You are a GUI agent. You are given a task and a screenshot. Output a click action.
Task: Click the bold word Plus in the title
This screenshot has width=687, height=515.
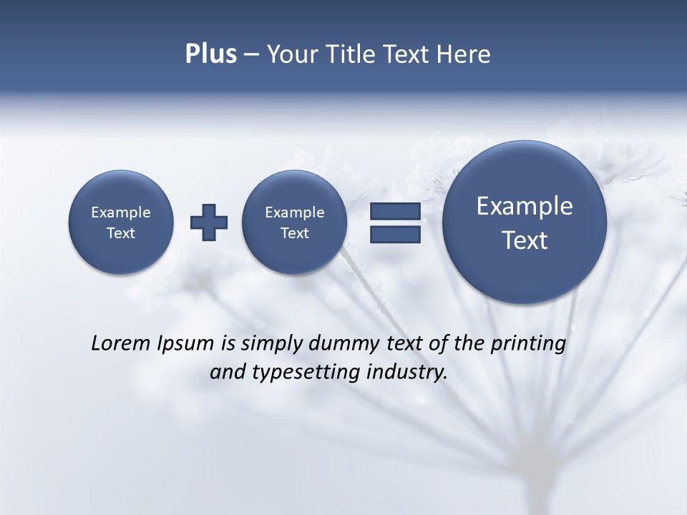coord(210,54)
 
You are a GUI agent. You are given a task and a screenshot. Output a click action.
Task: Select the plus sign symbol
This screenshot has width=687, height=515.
coord(209,222)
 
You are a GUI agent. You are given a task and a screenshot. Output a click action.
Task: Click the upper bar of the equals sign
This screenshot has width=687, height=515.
coord(395,211)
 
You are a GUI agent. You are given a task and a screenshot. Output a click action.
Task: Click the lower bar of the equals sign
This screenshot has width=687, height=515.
coord(395,235)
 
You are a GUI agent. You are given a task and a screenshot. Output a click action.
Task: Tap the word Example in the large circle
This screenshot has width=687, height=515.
coord(525,206)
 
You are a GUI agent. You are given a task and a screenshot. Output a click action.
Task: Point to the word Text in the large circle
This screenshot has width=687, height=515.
coord(525,240)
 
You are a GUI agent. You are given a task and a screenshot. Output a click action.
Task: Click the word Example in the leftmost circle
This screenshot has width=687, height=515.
coord(121,212)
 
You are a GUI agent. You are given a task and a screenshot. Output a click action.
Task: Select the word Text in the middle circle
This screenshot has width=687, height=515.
coord(294,233)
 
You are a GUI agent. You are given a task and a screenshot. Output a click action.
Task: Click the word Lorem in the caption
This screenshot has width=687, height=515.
coord(118,343)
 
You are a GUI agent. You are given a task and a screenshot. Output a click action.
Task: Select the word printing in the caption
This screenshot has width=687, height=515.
coord(527,344)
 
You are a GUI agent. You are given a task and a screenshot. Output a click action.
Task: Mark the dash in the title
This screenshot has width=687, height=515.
coord(251,54)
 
